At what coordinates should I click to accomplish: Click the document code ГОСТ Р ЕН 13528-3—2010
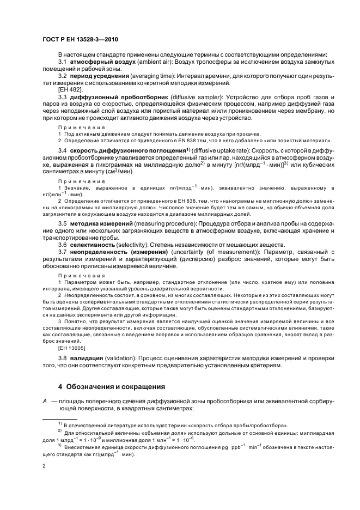81,40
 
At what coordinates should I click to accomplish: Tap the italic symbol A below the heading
45,401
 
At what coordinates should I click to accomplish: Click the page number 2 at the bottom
45,466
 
